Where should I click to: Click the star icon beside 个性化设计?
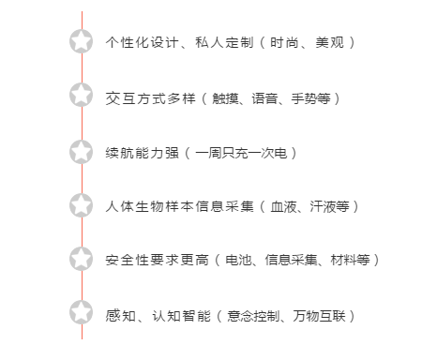tap(82, 41)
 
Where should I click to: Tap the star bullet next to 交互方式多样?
tap(82, 96)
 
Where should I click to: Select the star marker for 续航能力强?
tap(82, 150)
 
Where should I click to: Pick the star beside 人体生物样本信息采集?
tap(82, 204)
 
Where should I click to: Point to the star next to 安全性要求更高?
tap(82, 259)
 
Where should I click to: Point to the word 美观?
tap(330, 42)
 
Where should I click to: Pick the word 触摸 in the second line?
tap(228, 97)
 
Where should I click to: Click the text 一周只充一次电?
tap(241, 151)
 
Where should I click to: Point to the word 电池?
tap(239, 260)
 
